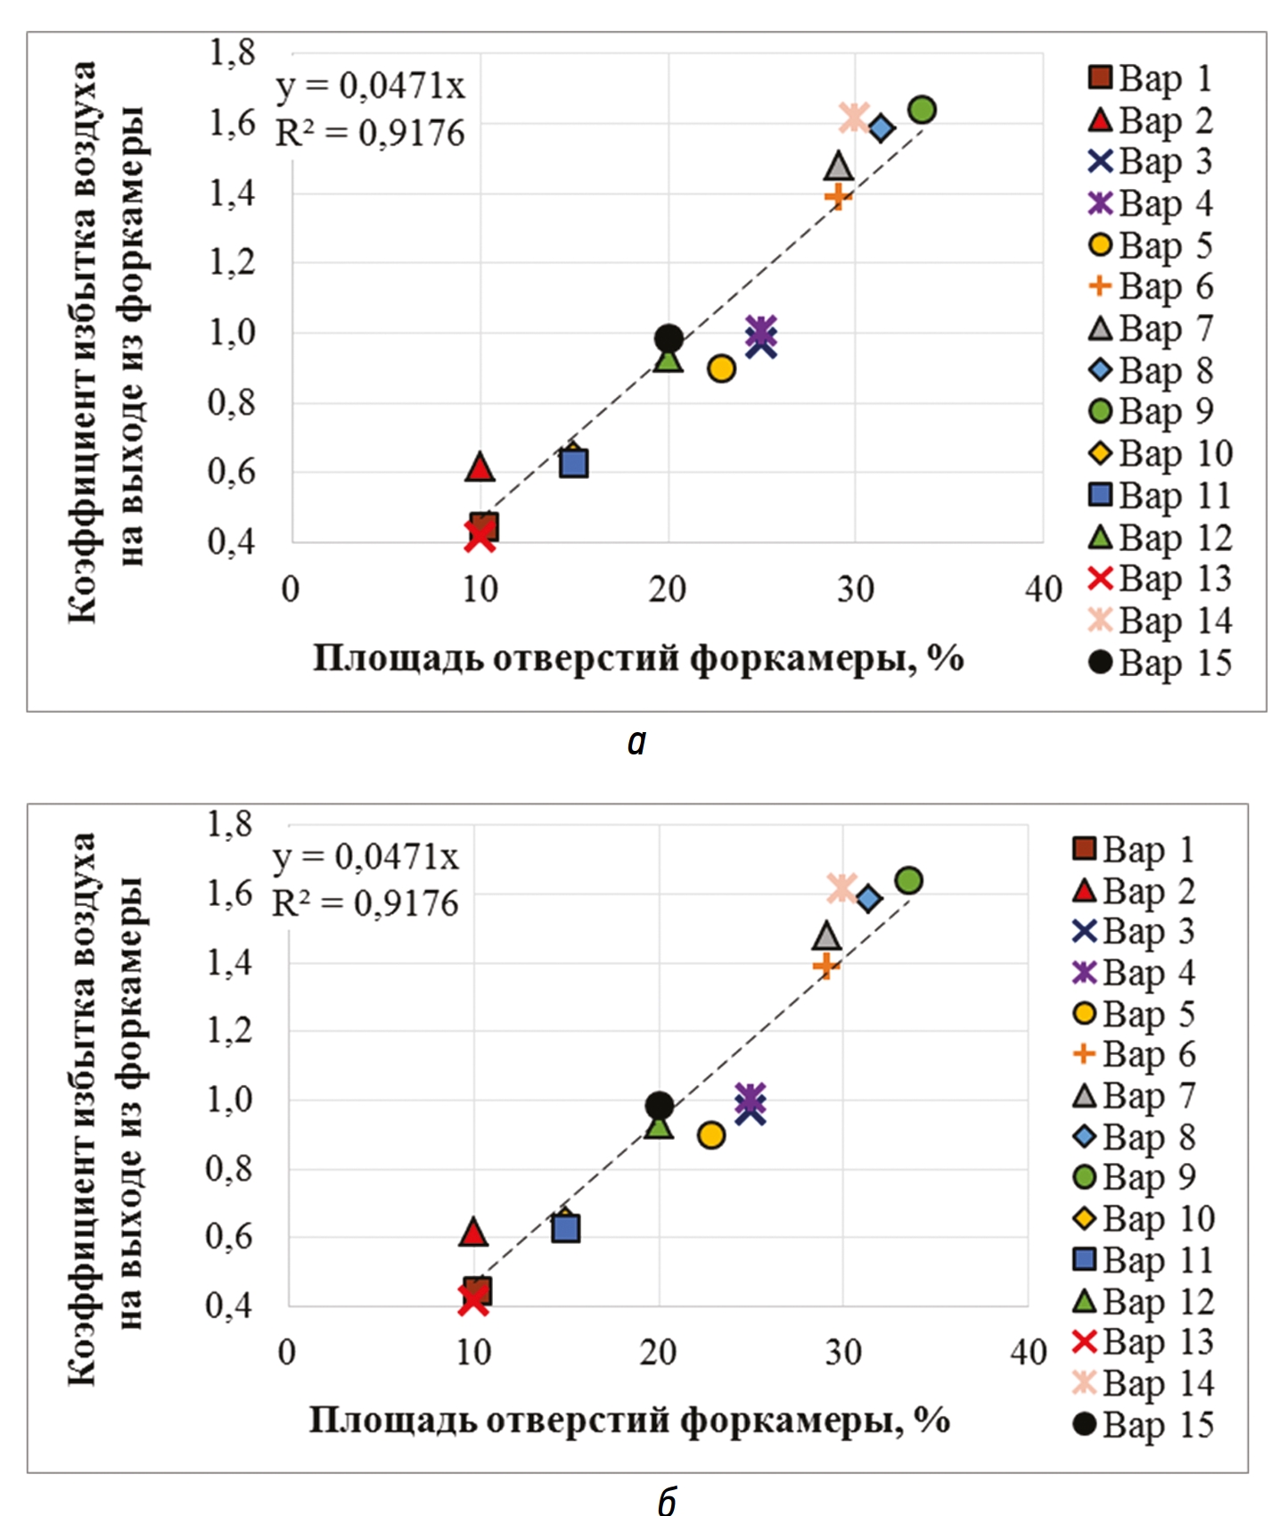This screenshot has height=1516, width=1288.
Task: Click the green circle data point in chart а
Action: pos(922,110)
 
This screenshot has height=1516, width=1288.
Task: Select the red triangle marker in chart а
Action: pos(480,467)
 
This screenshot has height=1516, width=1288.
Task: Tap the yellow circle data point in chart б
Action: pos(710,1135)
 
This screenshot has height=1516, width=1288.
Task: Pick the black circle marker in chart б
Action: pos(659,1106)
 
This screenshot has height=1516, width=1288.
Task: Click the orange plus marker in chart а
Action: pos(838,195)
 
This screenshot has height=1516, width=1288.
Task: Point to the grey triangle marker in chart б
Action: pos(826,936)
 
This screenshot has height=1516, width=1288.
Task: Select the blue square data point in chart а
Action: pos(573,463)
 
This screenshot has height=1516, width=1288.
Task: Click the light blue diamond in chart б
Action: pos(868,898)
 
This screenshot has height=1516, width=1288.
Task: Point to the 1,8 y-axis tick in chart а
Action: pos(233,53)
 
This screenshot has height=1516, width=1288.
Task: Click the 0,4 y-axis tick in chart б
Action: pos(229,1306)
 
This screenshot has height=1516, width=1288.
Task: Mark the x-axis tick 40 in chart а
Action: pos(1043,589)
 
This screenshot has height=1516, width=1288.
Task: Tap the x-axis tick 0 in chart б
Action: pos(286,1352)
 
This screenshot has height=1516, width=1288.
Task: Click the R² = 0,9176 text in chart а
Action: pos(370,133)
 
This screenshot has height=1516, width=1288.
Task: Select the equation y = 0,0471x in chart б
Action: pos(365,856)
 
